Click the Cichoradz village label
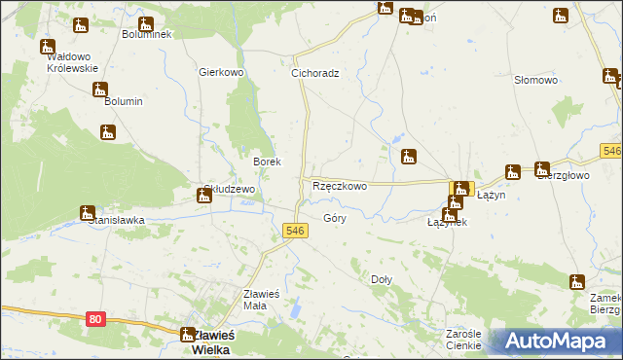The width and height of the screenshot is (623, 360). pos(315,73)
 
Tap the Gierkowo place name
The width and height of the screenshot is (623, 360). pos(220,73)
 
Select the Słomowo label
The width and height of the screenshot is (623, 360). pos(535,80)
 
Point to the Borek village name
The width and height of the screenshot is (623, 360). pos(268,162)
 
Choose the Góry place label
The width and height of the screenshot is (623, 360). pos(335,219)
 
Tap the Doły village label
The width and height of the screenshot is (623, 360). pos(382,279)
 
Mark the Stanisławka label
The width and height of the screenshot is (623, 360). pos(117,220)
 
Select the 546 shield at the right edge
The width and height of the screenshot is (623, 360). pos(611,152)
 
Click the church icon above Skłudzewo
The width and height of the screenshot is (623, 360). pos(204,196)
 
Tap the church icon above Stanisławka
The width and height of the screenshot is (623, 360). pos(88,212)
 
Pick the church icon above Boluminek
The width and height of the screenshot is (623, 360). pos(146,25)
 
